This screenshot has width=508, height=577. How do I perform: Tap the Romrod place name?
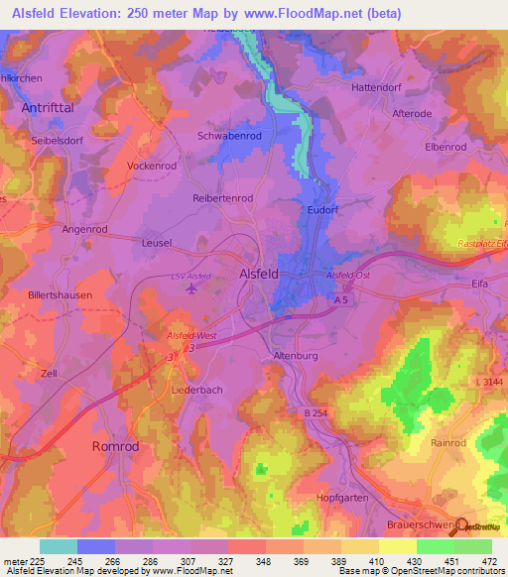(x=118, y=447)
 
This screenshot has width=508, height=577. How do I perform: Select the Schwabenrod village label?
(x=231, y=136)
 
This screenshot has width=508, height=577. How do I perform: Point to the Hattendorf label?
(x=381, y=87)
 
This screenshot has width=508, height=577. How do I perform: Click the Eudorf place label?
(x=323, y=210)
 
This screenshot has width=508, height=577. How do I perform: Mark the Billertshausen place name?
(x=61, y=295)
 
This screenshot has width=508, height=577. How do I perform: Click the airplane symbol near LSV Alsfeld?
(x=192, y=288)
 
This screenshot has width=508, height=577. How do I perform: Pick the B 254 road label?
(x=316, y=412)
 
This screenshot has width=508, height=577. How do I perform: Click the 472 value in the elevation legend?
(x=488, y=560)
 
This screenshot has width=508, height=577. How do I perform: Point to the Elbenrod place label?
(x=445, y=147)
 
